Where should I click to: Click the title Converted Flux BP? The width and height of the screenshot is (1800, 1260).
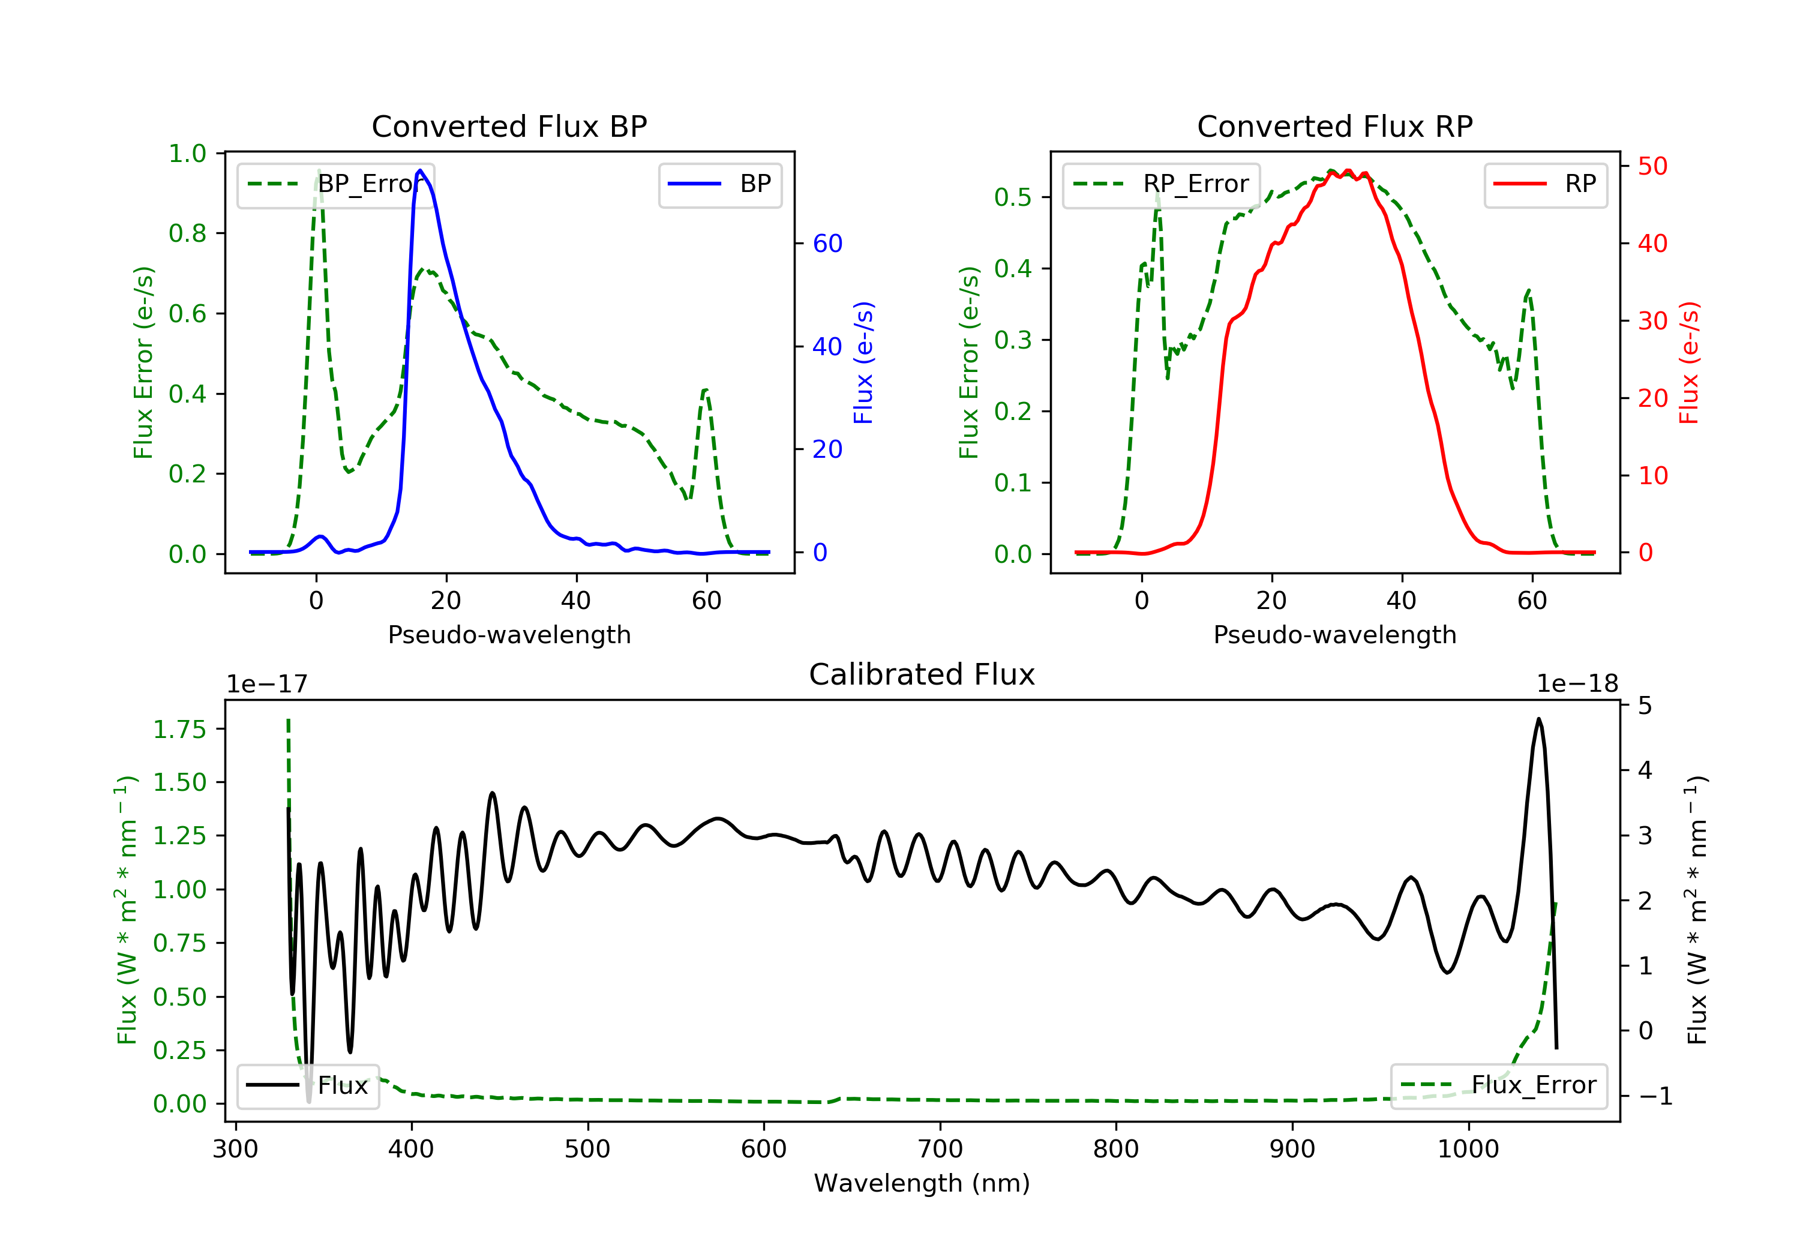(x=509, y=126)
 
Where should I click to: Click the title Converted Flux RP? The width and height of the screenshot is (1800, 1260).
(x=1334, y=126)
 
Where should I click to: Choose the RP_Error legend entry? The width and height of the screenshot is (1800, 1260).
(x=1160, y=184)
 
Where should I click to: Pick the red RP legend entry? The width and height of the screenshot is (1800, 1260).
(x=1545, y=184)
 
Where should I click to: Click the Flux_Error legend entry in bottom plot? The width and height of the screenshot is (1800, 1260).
(x=1498, y=1085)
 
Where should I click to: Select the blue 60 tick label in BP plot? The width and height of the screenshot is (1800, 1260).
(x=827, y=244)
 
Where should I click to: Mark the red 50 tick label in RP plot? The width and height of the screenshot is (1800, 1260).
(x=1652, y=166)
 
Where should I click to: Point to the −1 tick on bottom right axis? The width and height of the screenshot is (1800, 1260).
(x=1655, y=1096)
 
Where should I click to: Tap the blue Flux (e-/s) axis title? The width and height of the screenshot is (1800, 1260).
(x=863, y=363)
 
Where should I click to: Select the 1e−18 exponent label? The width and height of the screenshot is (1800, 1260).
(x=1577, y=684)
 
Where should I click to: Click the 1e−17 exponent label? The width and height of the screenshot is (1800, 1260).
(x=266, y=684)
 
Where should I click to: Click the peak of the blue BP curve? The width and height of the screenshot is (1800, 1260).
(x=420, y=170)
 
